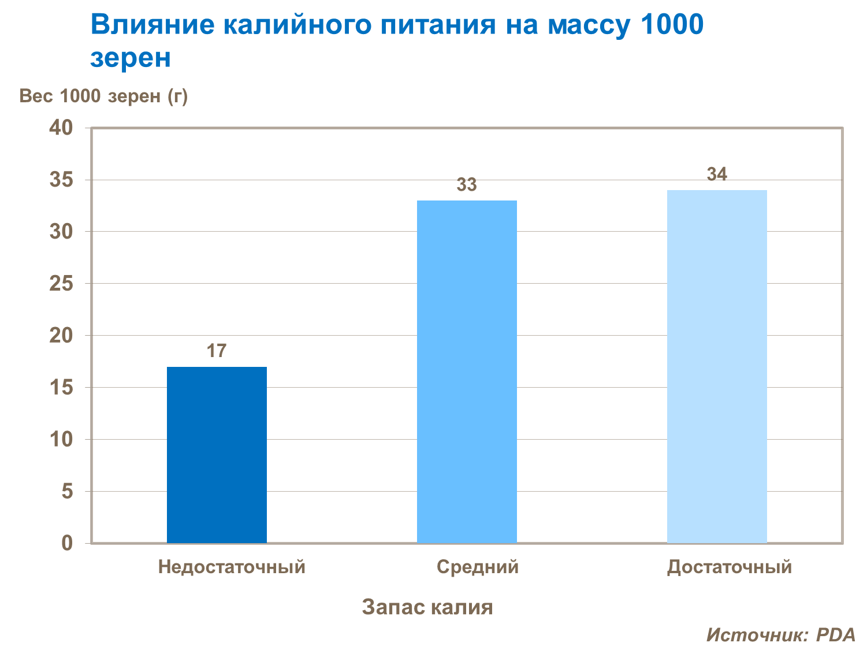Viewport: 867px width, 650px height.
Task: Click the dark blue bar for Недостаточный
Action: pyautogui.click(x=217, y=455)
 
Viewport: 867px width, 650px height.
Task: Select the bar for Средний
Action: pyautogui.click(x=467, y=372)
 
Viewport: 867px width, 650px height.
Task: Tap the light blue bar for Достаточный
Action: pyautogui.click(x=717, y=366)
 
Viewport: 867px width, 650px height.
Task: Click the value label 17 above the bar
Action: pyautogui.click(x=217, y=351)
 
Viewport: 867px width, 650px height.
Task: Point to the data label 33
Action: pyautogui.click(x=467, y=185)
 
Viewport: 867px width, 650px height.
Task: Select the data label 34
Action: pyautogui.click(x=717, y=174)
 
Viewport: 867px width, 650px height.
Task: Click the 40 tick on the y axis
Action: pyautogui.click(x=61, y=128)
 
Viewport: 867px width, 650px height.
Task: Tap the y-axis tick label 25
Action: pyautogui.click(x=61, y=284)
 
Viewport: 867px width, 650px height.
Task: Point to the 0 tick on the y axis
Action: pyautogui.click(x=68, y=543)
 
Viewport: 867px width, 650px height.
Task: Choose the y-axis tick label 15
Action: pyautogui.click(x=61, y=388)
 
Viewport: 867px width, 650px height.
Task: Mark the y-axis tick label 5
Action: pyautogui.click(x=68, y=492)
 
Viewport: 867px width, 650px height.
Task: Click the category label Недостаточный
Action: pyautogui.click(x=232, y=567)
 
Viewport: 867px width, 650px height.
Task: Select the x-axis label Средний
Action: pyautogui.click(x=478, y=567)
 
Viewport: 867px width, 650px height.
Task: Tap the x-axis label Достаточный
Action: pyautogui.click(x=729, y=567)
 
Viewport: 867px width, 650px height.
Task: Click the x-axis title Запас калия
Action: pyautogui.click(x=427, y=607)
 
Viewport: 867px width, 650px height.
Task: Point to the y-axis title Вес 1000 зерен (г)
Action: pyautogui.click(x=104, y=96)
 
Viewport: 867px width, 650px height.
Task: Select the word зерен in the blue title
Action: pyautogui.click(x=131, y=58)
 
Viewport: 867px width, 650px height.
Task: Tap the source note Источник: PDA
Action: pyautogui.click(x=780, y=635)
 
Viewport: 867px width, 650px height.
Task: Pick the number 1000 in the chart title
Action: pyautogui.click(x=672, y=25)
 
